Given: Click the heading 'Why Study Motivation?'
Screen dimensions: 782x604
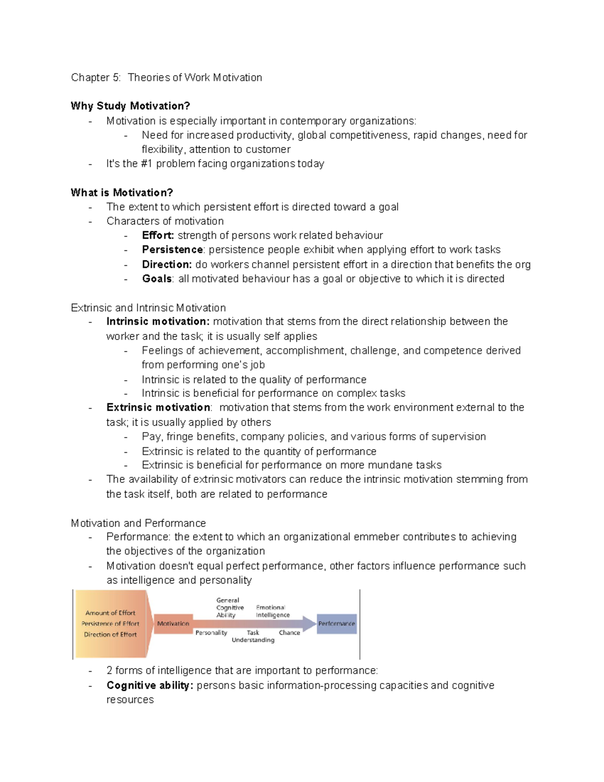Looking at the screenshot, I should point(130,106).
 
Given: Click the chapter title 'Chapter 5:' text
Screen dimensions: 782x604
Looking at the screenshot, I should point(96,78).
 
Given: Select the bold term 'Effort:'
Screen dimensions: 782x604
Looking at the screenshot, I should point(158,235).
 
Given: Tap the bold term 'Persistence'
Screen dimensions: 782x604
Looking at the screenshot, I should point(172,249).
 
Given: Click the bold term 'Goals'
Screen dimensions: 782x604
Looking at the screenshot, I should point(157,278).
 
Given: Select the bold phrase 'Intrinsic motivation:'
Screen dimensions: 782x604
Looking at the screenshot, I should point(158,321).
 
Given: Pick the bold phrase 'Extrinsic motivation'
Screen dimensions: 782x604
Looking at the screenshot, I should point(158,407).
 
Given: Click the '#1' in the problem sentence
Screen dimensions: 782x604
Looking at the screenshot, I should point(146,164).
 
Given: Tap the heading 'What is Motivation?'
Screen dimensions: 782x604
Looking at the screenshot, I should point(122,192).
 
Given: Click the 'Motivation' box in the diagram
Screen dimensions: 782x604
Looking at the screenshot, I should point(173,623).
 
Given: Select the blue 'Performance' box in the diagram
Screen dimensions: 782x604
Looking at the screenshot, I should point(336,623).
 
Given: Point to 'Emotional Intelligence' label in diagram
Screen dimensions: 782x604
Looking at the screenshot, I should point(272,611).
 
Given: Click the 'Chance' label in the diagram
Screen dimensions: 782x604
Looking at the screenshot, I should point(289,632).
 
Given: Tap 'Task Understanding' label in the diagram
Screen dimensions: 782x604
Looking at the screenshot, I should point(253,636).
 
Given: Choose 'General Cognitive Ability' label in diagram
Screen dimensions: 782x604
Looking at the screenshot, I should point(229,607).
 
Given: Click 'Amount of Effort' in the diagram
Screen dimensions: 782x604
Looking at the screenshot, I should point(110,613).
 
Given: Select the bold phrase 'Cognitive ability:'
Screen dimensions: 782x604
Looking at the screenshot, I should point(149,685).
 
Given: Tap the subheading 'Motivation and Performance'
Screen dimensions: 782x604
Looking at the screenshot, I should point(138,523).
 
